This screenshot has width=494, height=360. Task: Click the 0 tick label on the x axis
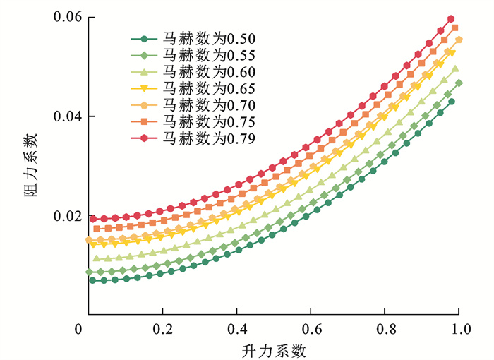point(83,328)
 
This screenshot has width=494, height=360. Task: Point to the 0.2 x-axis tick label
point(162,328)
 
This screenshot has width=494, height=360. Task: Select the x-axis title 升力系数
point(273,349)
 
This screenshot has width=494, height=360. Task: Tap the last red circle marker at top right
point(451,19)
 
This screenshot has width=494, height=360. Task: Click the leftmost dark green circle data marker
point(92,280)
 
